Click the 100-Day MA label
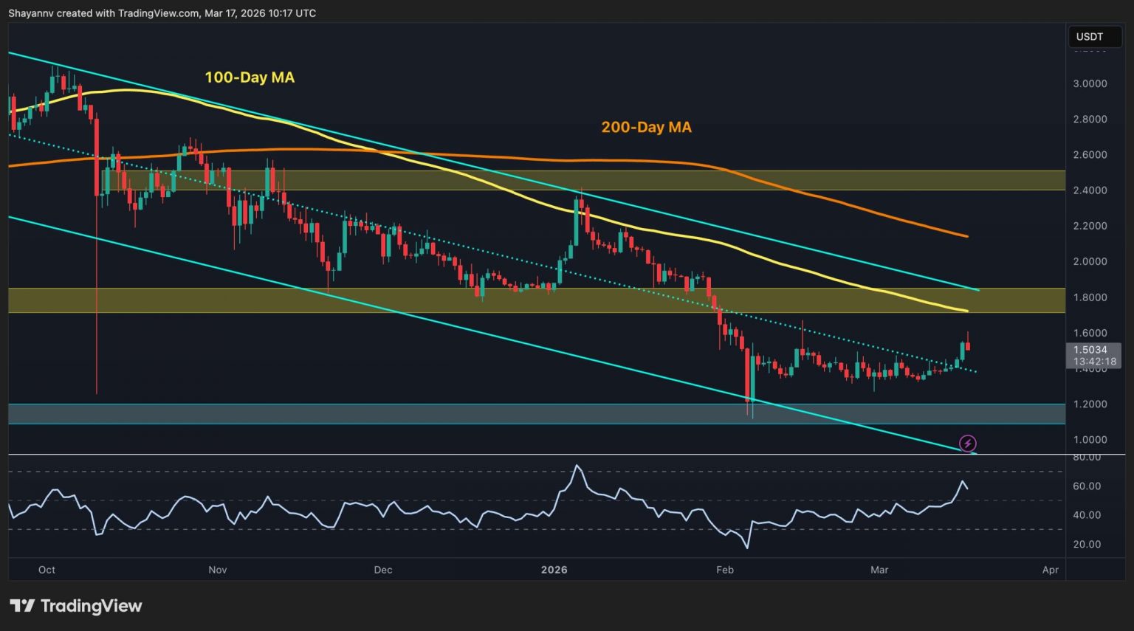click(250, 77)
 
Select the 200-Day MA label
click(646, 127)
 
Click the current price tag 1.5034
click(1090, 350)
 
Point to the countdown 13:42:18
click(1094, 362)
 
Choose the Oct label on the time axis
click(47, 570)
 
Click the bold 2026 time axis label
click(554, 570)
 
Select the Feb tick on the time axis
click(725, 570)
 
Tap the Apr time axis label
click(1050, 570)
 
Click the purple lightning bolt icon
click(967, 444)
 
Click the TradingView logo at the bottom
click(76, 606)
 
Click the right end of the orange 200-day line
click(967, 236)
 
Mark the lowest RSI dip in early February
click(748, 548)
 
